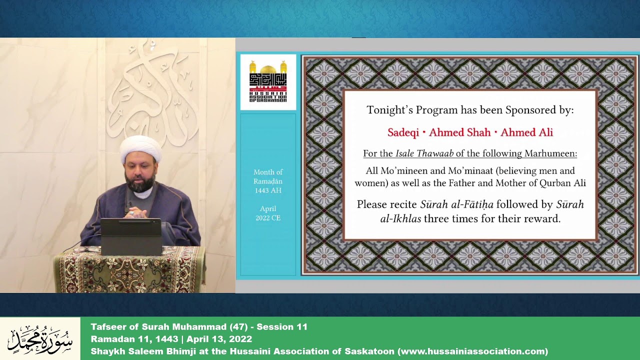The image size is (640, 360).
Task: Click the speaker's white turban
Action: pos(140,148)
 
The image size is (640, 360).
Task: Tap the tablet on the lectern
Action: pos(131,237)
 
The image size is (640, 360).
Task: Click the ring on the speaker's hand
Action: pos(132,213)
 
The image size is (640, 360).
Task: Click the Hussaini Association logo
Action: pos(268,81)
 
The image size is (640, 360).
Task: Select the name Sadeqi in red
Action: pos(403,132)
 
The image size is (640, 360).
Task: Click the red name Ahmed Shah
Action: pos(459,132)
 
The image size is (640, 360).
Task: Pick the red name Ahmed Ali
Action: pos(526,132)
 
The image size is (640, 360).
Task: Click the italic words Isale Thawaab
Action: pos(424,153)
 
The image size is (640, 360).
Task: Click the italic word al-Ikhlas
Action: pos(400,219)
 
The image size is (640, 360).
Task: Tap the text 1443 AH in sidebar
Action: pos(268,190)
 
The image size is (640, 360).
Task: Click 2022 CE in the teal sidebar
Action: pos(268,218)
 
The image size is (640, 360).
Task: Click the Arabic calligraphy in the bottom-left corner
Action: pos(40,339)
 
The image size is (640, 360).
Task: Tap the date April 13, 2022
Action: pos(219,339)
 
